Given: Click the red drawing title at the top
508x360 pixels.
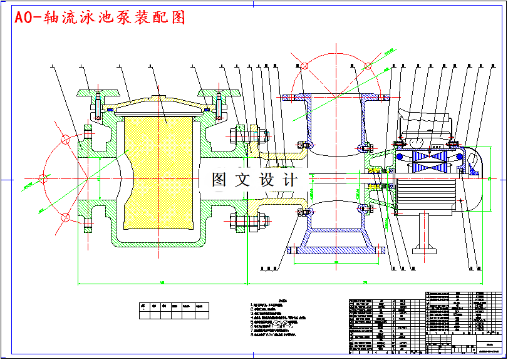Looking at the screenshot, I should point(100,18).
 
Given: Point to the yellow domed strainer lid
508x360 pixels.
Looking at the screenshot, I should point(159,102).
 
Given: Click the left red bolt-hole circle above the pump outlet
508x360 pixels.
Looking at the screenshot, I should point(304,66).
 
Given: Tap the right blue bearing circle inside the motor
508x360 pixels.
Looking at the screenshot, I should point(459,157).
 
